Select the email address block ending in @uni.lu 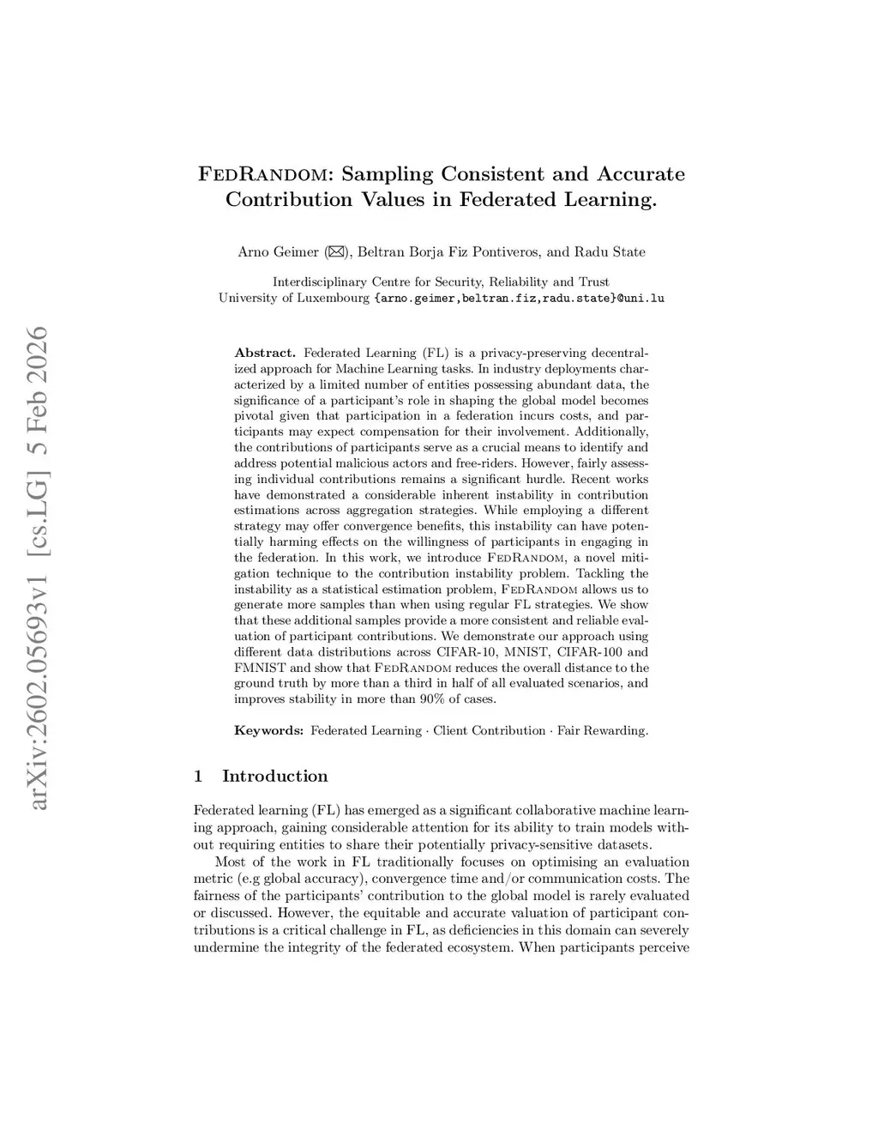(x=520, y=299)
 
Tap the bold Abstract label (x=265, y=353)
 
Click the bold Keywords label (x=269, y=731)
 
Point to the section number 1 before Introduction (x=199, y=777)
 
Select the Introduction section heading (x=274, y=777)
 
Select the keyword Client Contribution (x=489, y=731)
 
